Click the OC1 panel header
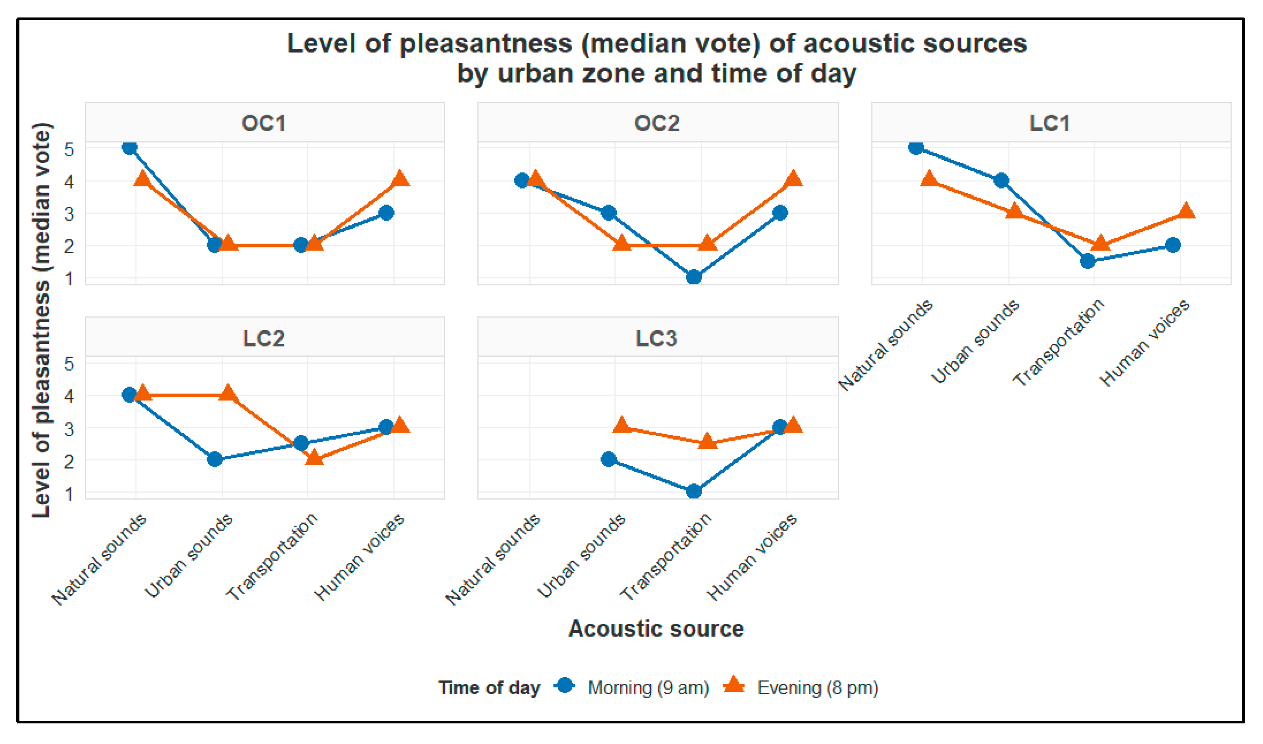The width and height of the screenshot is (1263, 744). pyautogui.click(x=264, y=123)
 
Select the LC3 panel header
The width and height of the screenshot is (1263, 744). pyautogui.click(x=657, y=338)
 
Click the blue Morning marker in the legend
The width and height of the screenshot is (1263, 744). pyautogui.click(x=565, y=685)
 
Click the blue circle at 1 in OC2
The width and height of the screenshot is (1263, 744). pyautogui.click(x=694, y=277)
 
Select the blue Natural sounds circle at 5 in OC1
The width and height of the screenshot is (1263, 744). pyautogui.click(x=129, y=147)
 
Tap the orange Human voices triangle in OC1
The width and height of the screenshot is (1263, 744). pyautogui.click(x=400, y=178)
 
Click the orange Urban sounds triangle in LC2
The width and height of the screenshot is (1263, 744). pyautogui.click(x=228, y=393)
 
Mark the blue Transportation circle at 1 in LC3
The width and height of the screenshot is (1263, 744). pyautogui.click(x=694, y=491)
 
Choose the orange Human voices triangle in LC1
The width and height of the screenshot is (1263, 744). pyautogui.click(x=1186, y=211)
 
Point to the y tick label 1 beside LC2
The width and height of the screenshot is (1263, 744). pyautogui.click(x=69, y=494)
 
